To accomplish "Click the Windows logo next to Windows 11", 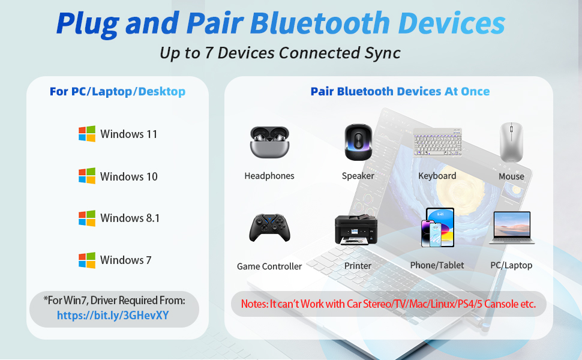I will pos(87,134).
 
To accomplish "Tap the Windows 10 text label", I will pos(128,176).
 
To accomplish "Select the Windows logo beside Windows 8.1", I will pos(87,218).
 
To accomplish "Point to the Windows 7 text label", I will pos(125,260).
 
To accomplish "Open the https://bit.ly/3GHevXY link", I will pos(113,315).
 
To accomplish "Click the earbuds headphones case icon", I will pos(269,142).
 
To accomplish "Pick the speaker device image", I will pos(358,142).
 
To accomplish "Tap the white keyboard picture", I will pos(437,142).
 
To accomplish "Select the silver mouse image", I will pos(511,142).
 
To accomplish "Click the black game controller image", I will pos(269,228).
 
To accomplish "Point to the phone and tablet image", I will pos(438,228).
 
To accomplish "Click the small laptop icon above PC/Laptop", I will pos(511,228).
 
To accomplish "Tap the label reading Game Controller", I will pos(269,266).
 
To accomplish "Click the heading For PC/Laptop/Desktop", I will pos(118,92).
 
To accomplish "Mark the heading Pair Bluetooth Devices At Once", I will pos(400,92).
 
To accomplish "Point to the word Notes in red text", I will pos(253,304).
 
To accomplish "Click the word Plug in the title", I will pos(87,23).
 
